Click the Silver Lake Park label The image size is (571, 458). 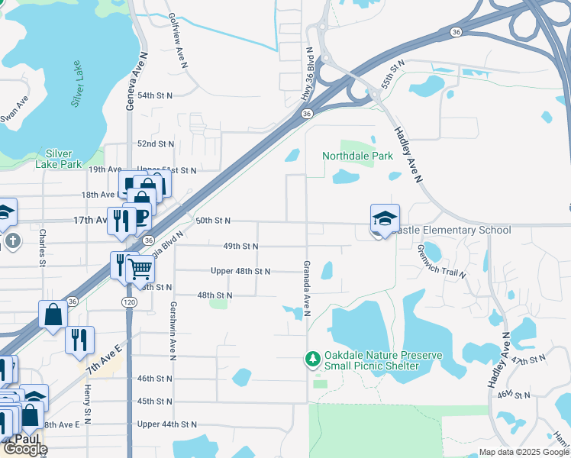coord(58,158)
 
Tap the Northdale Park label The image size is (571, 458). coord(357,156)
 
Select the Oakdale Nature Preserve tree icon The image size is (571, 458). coord(311,358)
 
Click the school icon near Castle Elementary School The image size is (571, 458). coord(385,218)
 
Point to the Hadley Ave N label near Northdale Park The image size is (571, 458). coord(408,153)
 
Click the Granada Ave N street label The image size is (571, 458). coord(306,287)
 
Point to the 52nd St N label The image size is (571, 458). coord(155,144)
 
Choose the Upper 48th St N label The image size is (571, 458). coord(240,271)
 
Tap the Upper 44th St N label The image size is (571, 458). coord(167,424)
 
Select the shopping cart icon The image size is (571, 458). coord(140,268)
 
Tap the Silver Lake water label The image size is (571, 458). coord(77,83)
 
